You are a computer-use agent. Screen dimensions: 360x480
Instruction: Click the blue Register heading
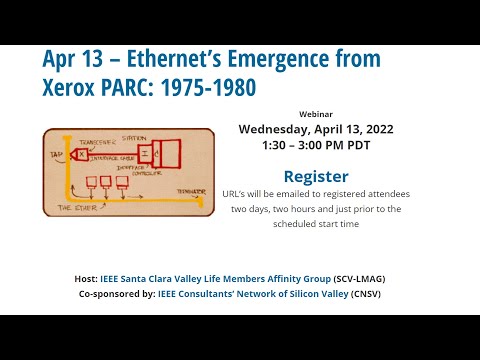point(316,176)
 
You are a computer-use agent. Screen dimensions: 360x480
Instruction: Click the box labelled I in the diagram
point(145,154)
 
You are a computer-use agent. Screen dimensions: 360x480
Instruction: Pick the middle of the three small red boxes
point(105,181)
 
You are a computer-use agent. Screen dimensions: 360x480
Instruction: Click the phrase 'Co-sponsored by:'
point(116,294)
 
